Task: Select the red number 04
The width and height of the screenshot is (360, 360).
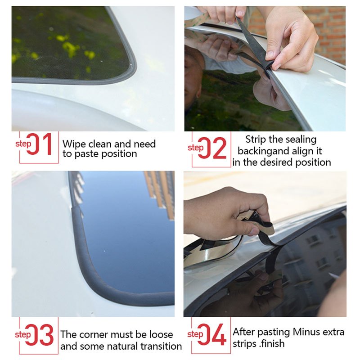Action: point(212,335)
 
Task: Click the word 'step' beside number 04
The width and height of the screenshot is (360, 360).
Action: point(195,334)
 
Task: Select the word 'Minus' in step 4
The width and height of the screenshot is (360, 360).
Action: point(308,333)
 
